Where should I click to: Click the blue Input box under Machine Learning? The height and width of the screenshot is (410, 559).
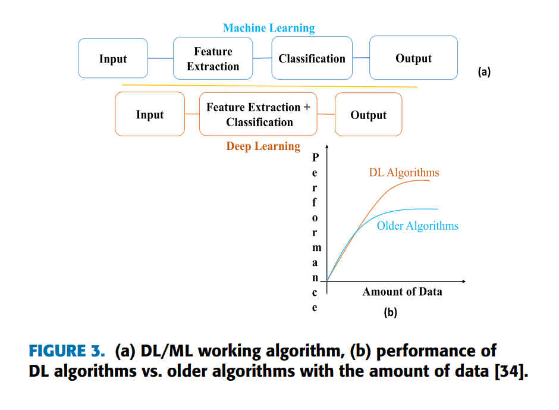click(113, 58)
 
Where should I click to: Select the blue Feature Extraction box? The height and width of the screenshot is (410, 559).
click(213, 58)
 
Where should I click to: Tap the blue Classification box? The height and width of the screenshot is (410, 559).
click(312, 58)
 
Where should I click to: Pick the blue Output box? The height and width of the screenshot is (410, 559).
click(413, 58)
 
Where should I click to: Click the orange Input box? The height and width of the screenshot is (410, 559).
click(149, 114)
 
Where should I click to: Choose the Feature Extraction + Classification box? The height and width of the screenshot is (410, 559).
click(258, 114)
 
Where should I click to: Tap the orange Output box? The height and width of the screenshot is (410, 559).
click(368, 115)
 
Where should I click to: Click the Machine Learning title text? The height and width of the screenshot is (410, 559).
click(269, 28)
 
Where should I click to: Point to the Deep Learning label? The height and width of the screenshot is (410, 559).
click(263, 146)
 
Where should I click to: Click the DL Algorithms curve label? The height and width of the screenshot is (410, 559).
click(404, 173)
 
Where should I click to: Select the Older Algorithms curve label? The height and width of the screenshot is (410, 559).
click(417, 226)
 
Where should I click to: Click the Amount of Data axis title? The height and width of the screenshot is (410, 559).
click(402, 292)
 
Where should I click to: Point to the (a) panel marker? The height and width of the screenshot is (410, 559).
click(484, 72)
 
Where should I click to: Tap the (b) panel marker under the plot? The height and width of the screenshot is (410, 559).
click(390, 312)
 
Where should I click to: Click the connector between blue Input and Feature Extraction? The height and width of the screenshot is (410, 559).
click(160, 58)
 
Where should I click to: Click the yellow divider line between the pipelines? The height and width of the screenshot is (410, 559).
click(269, 86)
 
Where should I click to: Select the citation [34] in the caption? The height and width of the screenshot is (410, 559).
click(509, 371)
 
